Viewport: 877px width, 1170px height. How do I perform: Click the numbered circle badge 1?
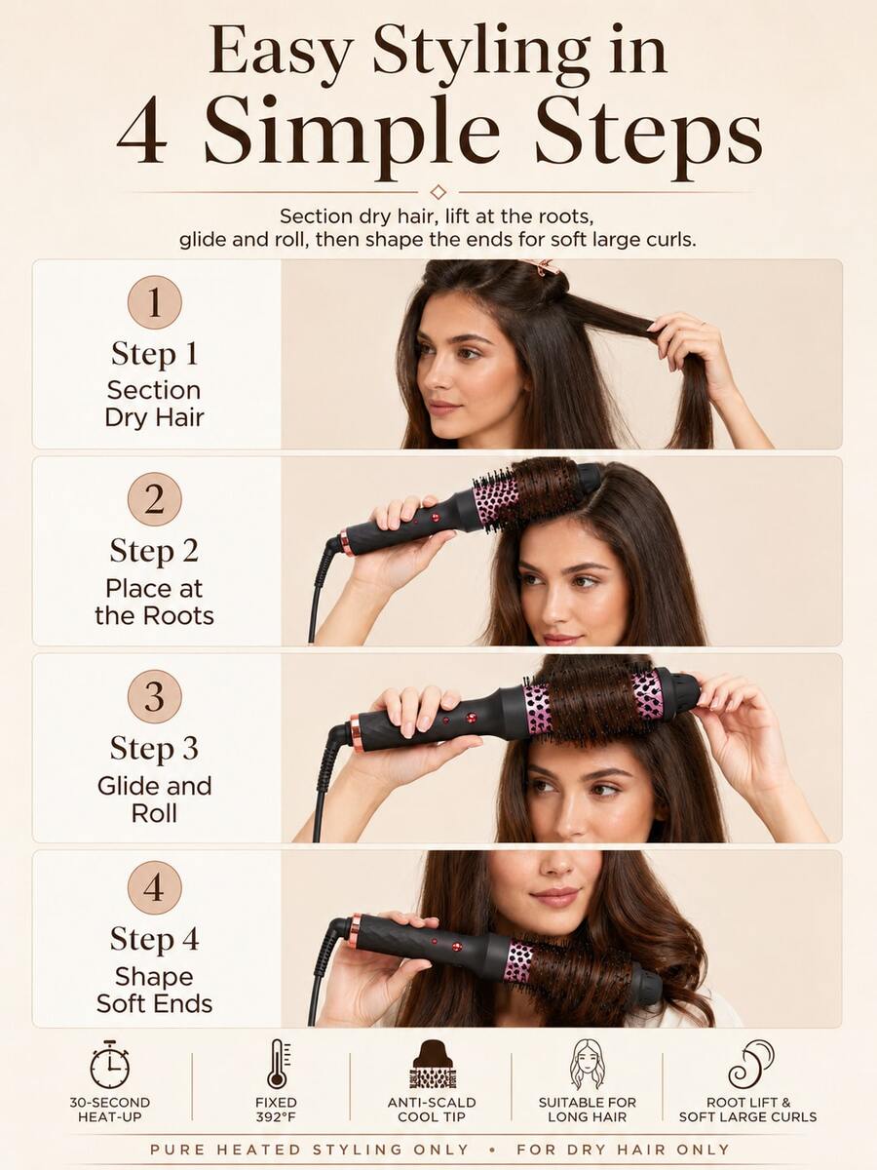tap(154, 302)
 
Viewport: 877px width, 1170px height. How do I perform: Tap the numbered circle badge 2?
tap(154, 499)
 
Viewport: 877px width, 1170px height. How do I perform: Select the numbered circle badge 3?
tap(154, 697)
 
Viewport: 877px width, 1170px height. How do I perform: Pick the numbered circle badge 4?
tap(154, 887)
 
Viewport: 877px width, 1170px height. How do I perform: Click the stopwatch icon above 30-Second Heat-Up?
tap(109, 1065)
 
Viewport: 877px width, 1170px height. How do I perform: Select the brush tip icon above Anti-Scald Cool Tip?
tap(432, 1064)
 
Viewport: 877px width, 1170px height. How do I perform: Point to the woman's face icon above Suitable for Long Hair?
tap(587, 1065)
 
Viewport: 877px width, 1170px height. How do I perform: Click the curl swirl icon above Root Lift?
tap(749, 1065)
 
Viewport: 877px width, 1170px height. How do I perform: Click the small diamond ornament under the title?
tap(438, 191)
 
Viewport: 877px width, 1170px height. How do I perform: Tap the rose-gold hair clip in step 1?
tap(541, 266)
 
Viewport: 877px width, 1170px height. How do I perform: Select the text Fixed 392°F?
tap(276, 1110)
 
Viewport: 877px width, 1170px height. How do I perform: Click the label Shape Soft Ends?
tap(154, 991)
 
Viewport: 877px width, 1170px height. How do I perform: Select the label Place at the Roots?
tap(154, 603)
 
